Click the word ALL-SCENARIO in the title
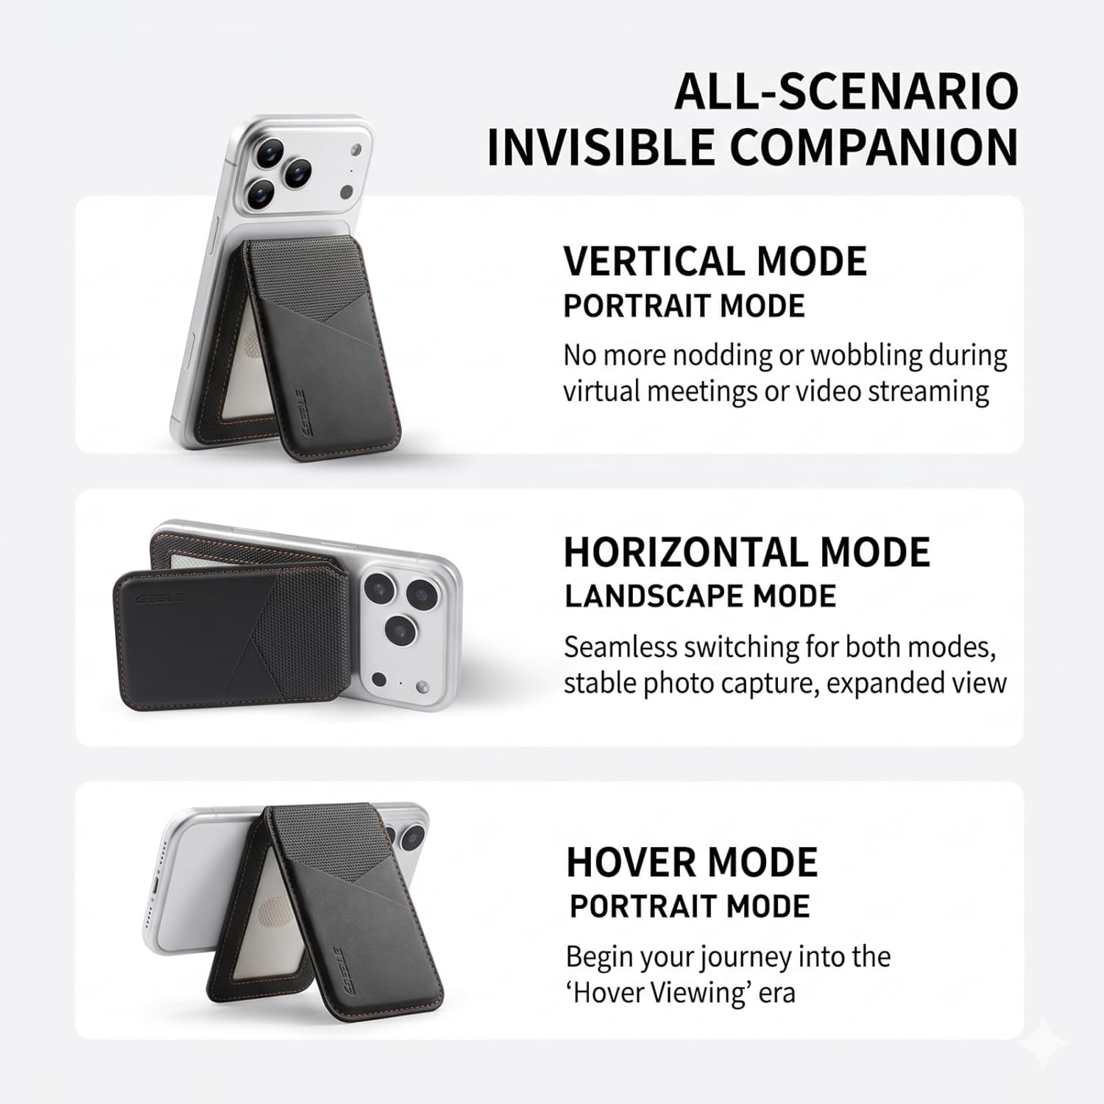coord(846,91)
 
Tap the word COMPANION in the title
coord(874,147)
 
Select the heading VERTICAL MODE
coord(715,261)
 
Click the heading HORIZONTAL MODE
coord(747,552)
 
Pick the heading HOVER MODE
coord(692,862)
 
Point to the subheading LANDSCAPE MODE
coord(701,596)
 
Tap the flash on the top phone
coord(357,152)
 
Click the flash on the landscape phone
coord(422,687)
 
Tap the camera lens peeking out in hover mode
coord(411,833)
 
